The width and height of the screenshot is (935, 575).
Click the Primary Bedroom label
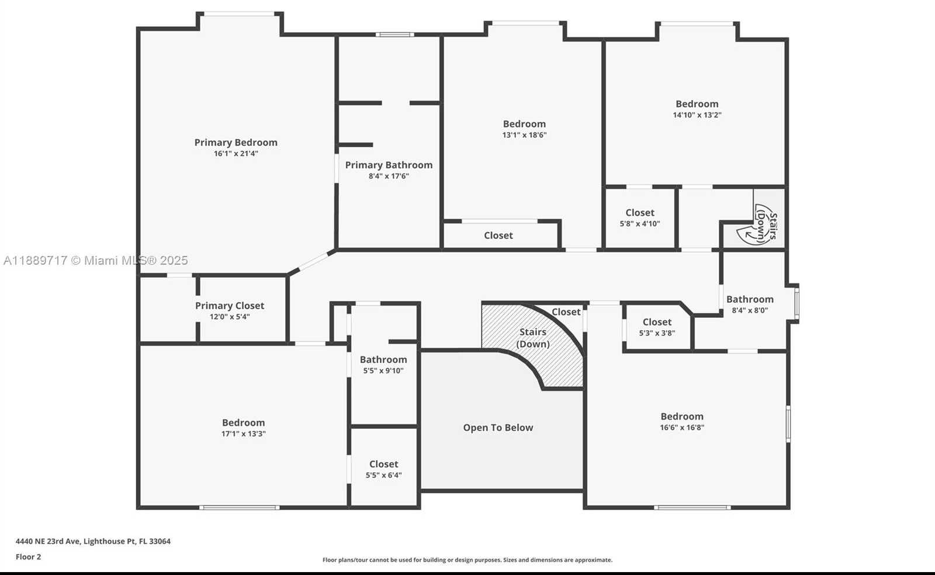click(x=236, y=143)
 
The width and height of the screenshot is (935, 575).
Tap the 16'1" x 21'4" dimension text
click(x=236, y=154)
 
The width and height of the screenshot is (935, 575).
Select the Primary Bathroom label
click(x=389, y=165)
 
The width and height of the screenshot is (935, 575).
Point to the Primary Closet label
click(x=230, y=306)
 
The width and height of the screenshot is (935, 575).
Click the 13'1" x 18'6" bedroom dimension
click(x=524, y=135)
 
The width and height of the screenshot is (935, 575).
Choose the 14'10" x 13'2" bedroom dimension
click(x=697, y=115)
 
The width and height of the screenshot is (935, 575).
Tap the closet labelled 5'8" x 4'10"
click(x=639, y=217)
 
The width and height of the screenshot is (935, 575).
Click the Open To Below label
click(x=498, y=428)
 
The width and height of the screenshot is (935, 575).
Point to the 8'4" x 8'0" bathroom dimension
click(x=750, y=310)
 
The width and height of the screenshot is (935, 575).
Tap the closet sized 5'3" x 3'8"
click(x=657, y=327)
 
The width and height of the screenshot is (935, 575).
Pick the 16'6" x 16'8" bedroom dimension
click(x=682, y=427)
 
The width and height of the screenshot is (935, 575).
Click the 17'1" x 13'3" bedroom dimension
click(x=243, y=434)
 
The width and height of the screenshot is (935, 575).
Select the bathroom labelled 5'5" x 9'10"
click(x=383, y=365)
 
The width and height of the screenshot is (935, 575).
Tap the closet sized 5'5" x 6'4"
click(x=383, y=469)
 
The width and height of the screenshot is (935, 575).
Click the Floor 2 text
click(x=28, y=557)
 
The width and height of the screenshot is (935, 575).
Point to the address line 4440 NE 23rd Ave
click(x=93, y=541)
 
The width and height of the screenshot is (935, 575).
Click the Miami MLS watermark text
click(x=96, y=261)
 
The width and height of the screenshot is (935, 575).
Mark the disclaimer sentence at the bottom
click(x=467, y=560)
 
